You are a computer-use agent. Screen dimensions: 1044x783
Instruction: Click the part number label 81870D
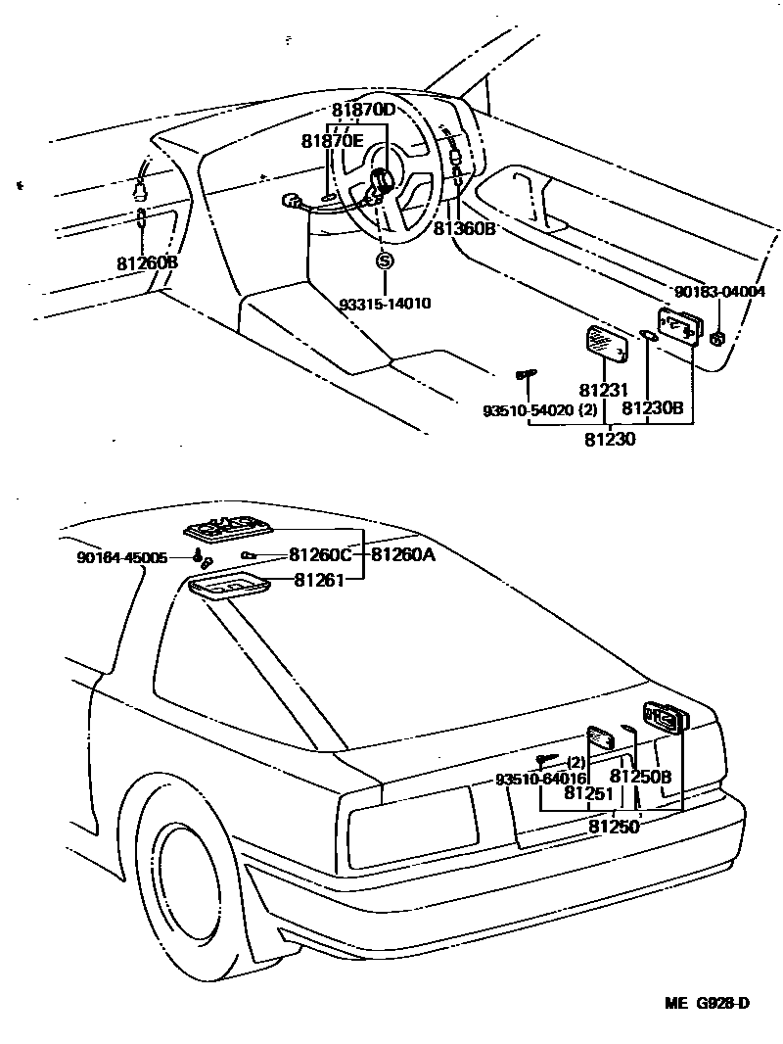click(x=362, y=110)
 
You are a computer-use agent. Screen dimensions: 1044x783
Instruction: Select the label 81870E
click(x=332, y=141)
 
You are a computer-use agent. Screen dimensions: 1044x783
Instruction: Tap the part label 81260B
click(x=147, y=263)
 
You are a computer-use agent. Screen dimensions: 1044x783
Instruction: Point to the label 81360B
click(x=465, y=228)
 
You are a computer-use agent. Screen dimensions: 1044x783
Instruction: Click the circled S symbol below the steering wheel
click(x=384, y=261)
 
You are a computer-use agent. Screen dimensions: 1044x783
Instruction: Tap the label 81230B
click(x=653, y=407)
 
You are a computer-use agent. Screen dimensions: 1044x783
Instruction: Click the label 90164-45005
click(x=122, y=557)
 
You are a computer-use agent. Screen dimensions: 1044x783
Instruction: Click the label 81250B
click(x=640, y=778)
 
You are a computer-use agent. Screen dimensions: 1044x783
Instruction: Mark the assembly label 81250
click(x=614, y=827)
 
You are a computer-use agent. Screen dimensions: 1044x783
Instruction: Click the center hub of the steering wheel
click(x=380, y=181)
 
